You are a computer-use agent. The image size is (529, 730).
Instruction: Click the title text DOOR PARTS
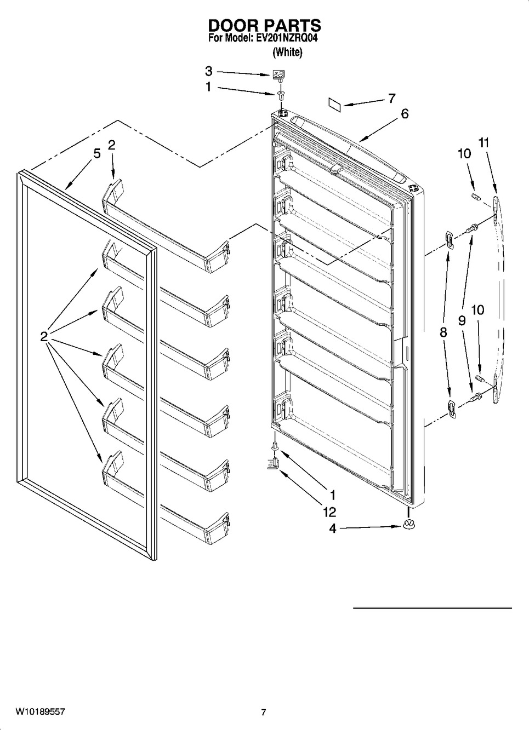264,26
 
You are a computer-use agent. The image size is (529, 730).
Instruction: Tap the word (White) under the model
287,53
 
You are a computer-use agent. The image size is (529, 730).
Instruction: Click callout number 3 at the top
209,71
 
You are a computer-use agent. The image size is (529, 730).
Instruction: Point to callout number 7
391,99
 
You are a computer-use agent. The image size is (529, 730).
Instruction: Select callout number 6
405,113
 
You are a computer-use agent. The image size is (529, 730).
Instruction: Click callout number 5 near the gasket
97,153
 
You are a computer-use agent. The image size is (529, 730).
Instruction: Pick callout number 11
484,143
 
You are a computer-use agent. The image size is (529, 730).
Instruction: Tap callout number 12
329,512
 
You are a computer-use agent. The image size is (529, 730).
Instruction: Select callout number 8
443,332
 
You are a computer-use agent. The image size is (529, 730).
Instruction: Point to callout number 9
462,321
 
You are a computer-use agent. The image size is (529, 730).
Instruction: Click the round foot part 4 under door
407,525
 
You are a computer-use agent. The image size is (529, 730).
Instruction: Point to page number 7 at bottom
264,712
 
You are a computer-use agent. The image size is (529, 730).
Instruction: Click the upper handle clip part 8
448,239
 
